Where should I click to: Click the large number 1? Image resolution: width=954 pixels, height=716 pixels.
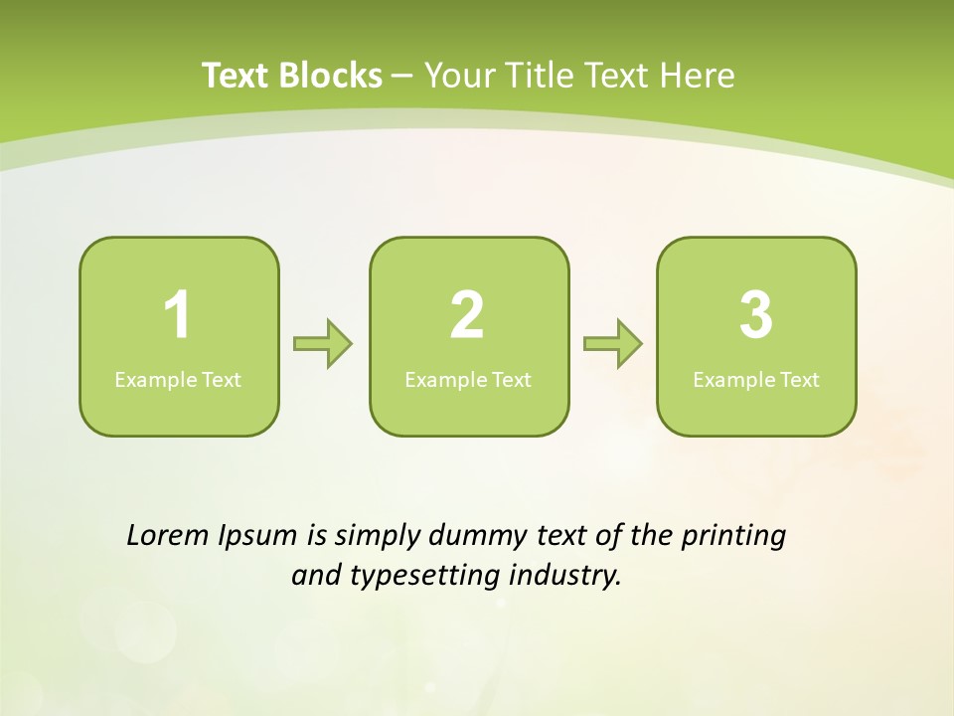[177, 315]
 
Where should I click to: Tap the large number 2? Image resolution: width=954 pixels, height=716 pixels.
[467, 315]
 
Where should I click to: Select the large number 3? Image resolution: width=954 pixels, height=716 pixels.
[756, 315]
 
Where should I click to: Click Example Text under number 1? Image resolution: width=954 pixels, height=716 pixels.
[178, 380]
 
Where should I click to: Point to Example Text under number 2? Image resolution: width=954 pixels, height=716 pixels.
[468, 380]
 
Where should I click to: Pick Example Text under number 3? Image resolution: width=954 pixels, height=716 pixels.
[756, 380]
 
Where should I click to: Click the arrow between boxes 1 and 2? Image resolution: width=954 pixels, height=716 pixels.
[323, 344]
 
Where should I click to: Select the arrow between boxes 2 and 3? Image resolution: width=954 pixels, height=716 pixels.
[613, 344]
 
